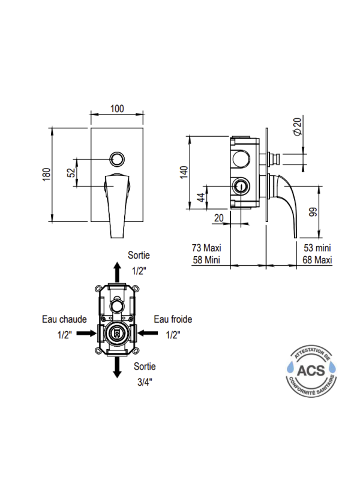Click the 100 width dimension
click(117, 109)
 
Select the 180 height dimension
click(46, 175)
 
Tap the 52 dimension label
click(71, 173)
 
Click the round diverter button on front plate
click(117, 159)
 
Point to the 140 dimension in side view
click(184, 172)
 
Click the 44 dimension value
click(201, 197)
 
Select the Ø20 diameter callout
click(298, 126)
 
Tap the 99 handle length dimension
click(313, 212)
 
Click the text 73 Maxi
click(206, 248)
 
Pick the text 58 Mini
click(206, 260)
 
